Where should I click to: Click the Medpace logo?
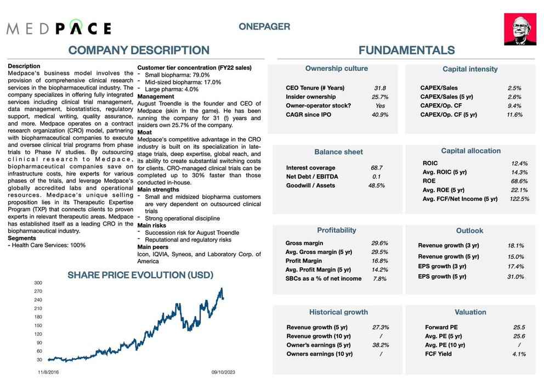[59, 29]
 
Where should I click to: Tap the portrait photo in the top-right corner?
[520, 30]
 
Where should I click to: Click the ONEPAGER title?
[264, 26]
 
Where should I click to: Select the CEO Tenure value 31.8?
[379, 88]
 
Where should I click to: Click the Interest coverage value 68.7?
[377, 167]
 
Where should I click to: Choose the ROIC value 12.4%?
[519, 163]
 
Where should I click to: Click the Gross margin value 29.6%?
[379, 243]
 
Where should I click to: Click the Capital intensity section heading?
[470, 69]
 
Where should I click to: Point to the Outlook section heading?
[469, 231]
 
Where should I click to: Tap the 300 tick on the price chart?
[38, 283]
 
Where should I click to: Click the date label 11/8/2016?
[48, 371]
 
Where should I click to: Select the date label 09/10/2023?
[223, 371]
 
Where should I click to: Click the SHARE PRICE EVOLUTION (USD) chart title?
[140, 275]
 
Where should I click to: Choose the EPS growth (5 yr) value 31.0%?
[515, 276]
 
